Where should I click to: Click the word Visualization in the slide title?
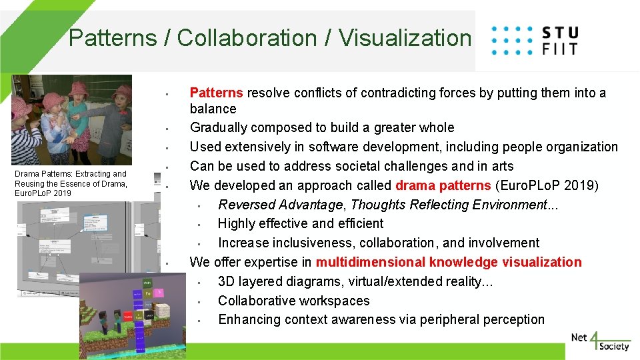(405, 38)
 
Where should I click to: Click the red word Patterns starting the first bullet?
(216, 93)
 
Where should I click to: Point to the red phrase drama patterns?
(436, 185)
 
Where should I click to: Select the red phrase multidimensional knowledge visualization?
(448, 262)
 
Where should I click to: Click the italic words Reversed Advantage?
(281, 204)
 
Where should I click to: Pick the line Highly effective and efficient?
(301, 223)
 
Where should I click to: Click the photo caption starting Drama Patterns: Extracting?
(70, 183)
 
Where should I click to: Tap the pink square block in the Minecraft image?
(159, 292)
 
